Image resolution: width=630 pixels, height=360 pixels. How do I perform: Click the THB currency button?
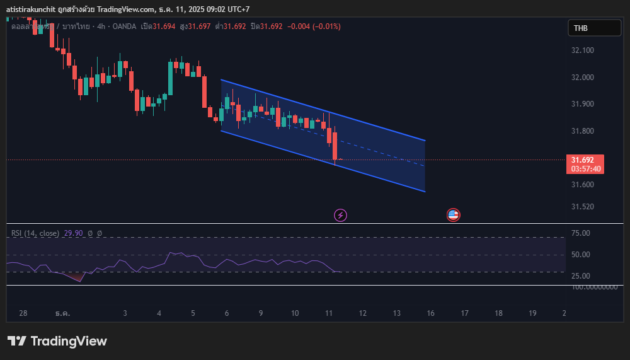tap(594, 28)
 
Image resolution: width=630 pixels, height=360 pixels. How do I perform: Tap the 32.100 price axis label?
tap(582, 50)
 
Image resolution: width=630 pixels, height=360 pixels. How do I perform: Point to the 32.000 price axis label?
tap(582, 78)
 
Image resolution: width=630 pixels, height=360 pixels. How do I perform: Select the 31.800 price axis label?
tap(582, 131)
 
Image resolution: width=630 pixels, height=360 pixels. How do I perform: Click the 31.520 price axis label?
tap(582, 207)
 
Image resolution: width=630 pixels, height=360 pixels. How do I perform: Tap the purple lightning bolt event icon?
tap(340, 215)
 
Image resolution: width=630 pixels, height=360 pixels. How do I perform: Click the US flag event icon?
tap(453, 215)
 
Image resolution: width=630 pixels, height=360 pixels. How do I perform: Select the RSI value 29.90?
tap(73, 233)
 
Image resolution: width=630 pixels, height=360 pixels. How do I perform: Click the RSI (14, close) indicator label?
tap(35, 233)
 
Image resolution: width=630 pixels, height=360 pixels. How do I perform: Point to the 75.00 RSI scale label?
tap(580, 233)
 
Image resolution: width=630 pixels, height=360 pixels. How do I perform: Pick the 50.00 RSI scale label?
tap(580, 255)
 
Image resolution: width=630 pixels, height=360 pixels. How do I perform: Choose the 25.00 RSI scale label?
tap(580, 276)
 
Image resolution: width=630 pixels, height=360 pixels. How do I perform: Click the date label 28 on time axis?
tap(23, 313)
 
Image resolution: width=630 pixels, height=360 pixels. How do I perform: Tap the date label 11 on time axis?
tap(329, 313)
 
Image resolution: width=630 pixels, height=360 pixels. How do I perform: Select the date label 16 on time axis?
tap(430, 313)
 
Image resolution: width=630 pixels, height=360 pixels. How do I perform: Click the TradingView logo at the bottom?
tap(57, 341)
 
